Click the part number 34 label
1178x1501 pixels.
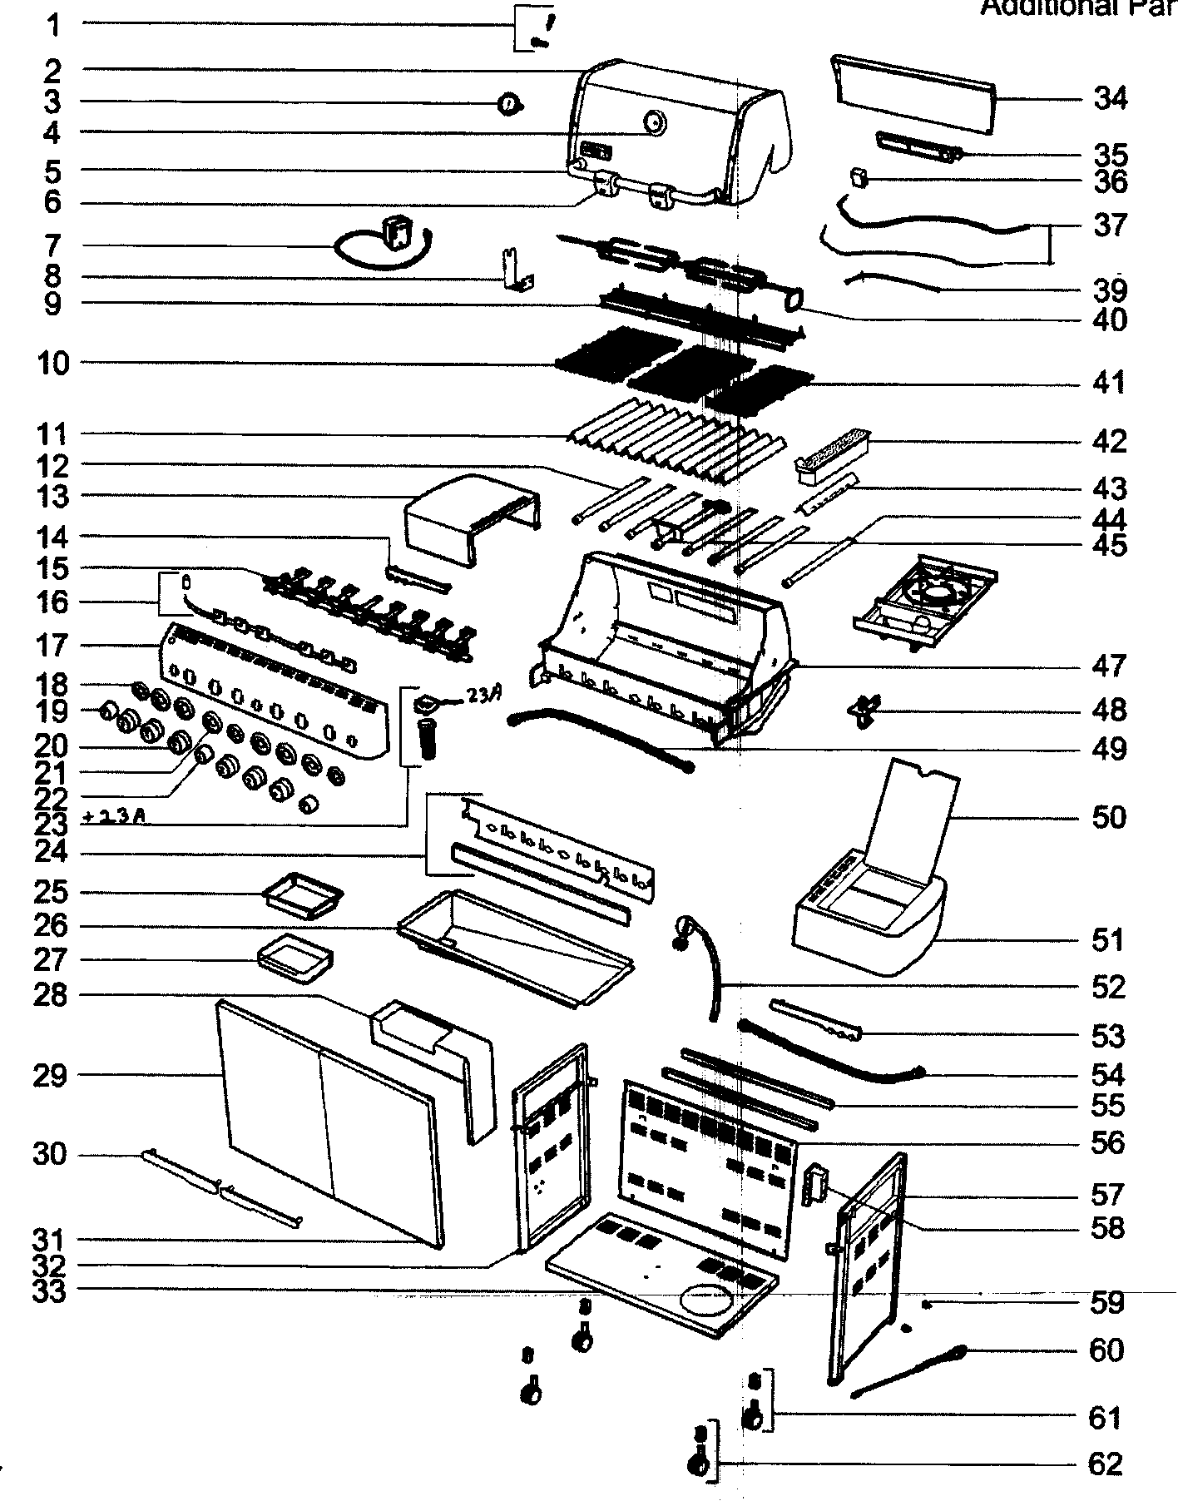(x=1109, y=98)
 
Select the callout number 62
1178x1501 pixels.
(x=1105, y=1464)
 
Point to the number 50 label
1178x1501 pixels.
(x=1108, y=817)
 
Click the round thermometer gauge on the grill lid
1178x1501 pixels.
(x=655, y=122)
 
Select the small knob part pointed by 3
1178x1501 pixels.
(x=509, y=104)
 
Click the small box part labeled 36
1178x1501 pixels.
(x=859, y=178)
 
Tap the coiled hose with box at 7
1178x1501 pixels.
(x=384, y=245)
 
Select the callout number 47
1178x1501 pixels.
(x=1109, y=666)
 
